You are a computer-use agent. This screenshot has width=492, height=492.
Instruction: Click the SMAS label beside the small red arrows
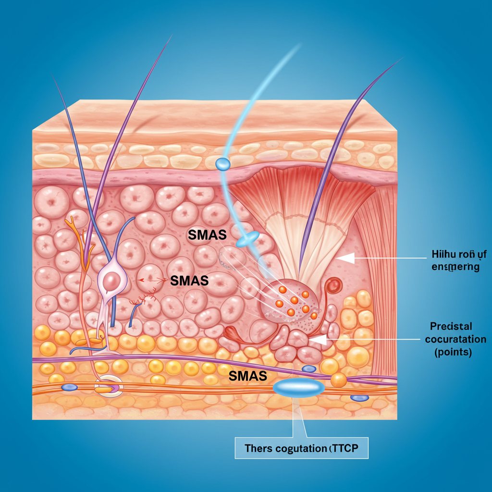point(189,280)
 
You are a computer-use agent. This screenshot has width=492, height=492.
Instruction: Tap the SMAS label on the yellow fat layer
point(247,376)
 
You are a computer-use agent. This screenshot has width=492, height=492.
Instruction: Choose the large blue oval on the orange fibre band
point(299,387)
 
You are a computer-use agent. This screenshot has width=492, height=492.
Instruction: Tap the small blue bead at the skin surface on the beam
point(223,164)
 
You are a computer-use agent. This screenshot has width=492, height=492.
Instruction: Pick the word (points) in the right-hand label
point(453,352)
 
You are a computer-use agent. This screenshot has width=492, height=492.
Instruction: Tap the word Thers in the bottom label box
point(258,449)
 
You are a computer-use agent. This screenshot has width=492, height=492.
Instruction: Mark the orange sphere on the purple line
point(338,380)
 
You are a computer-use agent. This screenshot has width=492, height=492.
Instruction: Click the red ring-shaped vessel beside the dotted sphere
point(332,286)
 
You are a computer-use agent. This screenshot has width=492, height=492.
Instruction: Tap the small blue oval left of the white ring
point(69,387)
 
